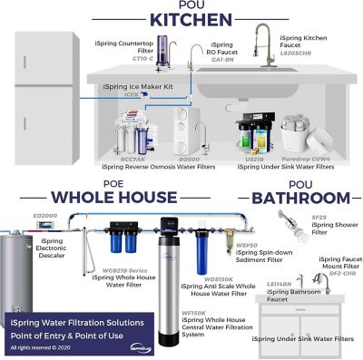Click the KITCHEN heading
(181, 19)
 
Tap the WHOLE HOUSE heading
(99, 196)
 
